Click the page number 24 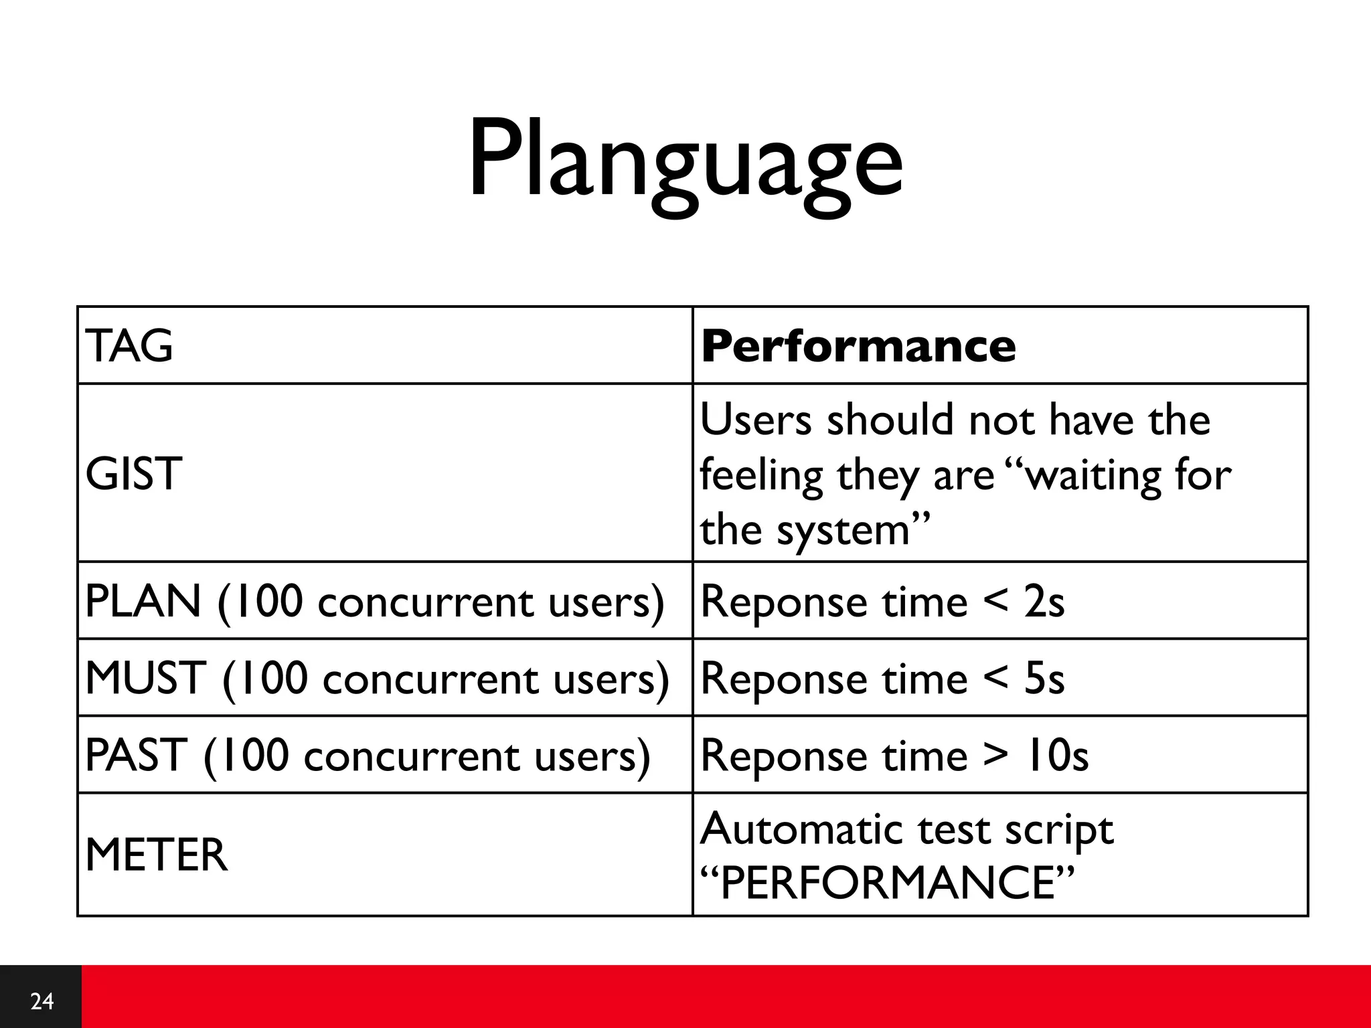coord(42,1001)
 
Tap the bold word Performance coord(858,346)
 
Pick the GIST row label coord(134,474)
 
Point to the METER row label coord(157,855)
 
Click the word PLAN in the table coord(143,601)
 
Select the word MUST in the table coord(145,678)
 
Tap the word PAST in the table coord(136,755)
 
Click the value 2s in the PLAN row coord(1044,601)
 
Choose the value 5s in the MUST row coord(1044,678)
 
